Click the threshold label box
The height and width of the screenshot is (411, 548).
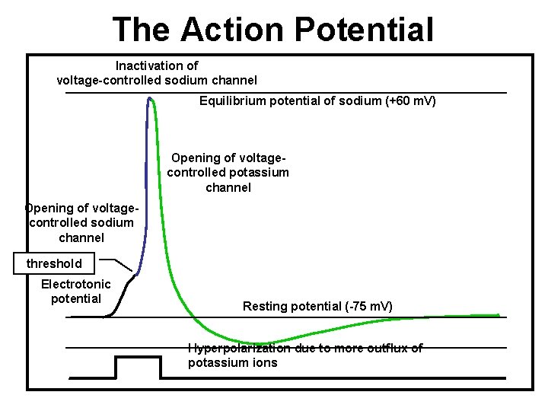(54, 264)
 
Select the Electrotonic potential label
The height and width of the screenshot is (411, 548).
(76, 291)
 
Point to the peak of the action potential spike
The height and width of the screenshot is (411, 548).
(150, 98)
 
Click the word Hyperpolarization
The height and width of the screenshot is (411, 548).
(238, 348)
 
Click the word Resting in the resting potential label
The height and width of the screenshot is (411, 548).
(265, 306)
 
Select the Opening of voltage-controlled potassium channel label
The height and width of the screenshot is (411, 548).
(228, 172)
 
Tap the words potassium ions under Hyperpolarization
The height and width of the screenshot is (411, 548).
(233, 362)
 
